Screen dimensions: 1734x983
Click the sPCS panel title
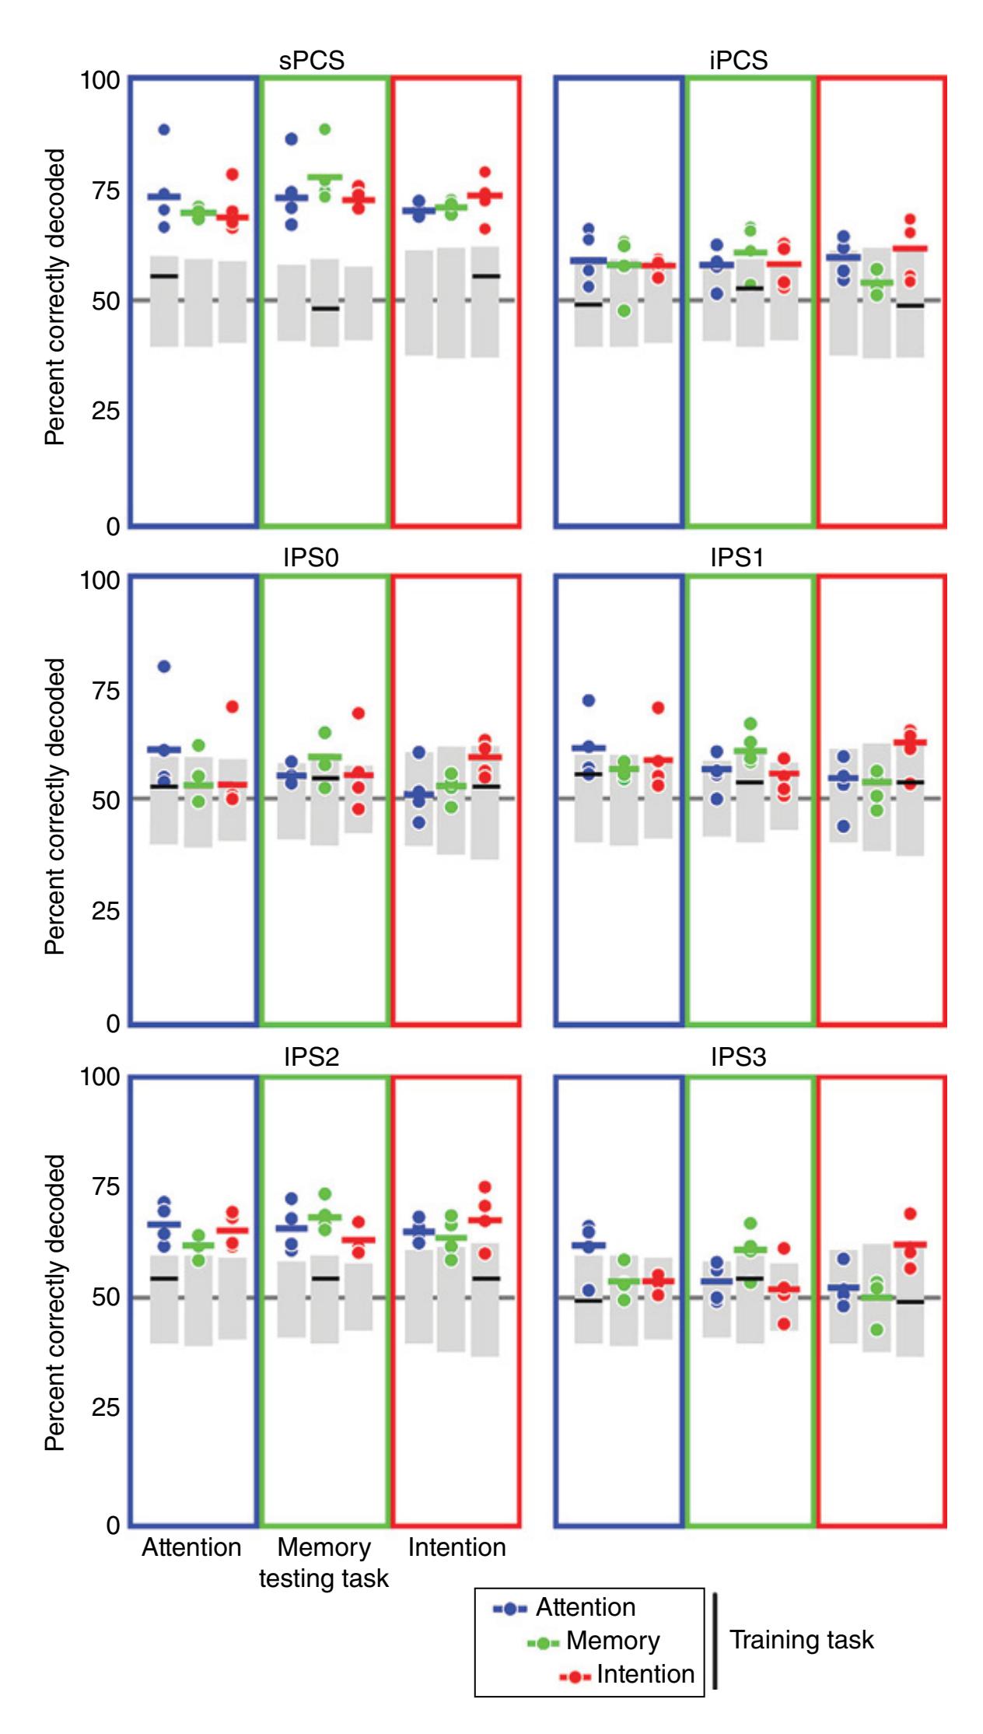[x=311, y=61]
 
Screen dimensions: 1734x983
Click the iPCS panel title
[x=738, y=61]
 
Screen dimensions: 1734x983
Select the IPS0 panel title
[x=311, y=558]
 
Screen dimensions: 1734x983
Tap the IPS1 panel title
[x=737, y=558]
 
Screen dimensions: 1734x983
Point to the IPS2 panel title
[x=311, y=1056]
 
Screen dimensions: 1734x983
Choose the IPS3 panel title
[x=738, y=1056]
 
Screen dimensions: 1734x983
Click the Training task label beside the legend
[x=801, y=1640]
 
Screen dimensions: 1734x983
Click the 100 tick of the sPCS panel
[x=100, y=80]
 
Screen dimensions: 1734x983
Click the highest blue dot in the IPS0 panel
[x=164, y=667]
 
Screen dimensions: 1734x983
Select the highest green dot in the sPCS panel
[x=325, y=129]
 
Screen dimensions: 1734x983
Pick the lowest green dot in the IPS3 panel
[x=877, y=1330]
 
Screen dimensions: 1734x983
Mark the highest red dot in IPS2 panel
[x=485, y=1187]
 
